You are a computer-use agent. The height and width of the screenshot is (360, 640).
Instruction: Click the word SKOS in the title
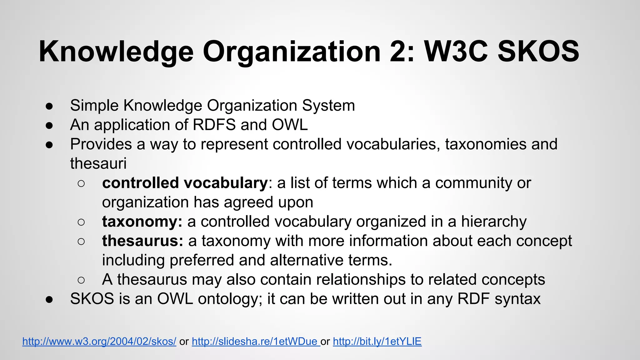click(x=538, y=52)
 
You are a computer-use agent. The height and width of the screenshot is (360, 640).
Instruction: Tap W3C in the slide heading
click(x=456, y=52)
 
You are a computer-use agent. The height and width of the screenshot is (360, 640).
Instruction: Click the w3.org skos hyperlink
click(x=99, y=341)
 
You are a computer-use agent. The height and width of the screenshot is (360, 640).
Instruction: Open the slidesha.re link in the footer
click(x=255, y=341)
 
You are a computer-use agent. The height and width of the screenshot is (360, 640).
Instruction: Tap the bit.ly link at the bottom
click(x=377, y=341)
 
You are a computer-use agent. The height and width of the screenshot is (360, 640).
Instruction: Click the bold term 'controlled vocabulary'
click(x=185, y=183)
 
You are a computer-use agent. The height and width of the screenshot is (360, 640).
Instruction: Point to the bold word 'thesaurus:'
click(x=142, y=241)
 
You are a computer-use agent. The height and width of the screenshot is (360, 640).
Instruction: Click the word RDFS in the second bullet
click(x=214, y=125)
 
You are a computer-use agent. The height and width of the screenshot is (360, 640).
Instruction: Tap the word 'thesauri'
click(x=98, y=163)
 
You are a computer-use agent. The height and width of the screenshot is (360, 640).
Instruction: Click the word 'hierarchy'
click(x=494, y=222)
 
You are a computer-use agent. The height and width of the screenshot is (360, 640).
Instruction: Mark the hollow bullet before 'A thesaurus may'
click(x=81, y=280)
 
